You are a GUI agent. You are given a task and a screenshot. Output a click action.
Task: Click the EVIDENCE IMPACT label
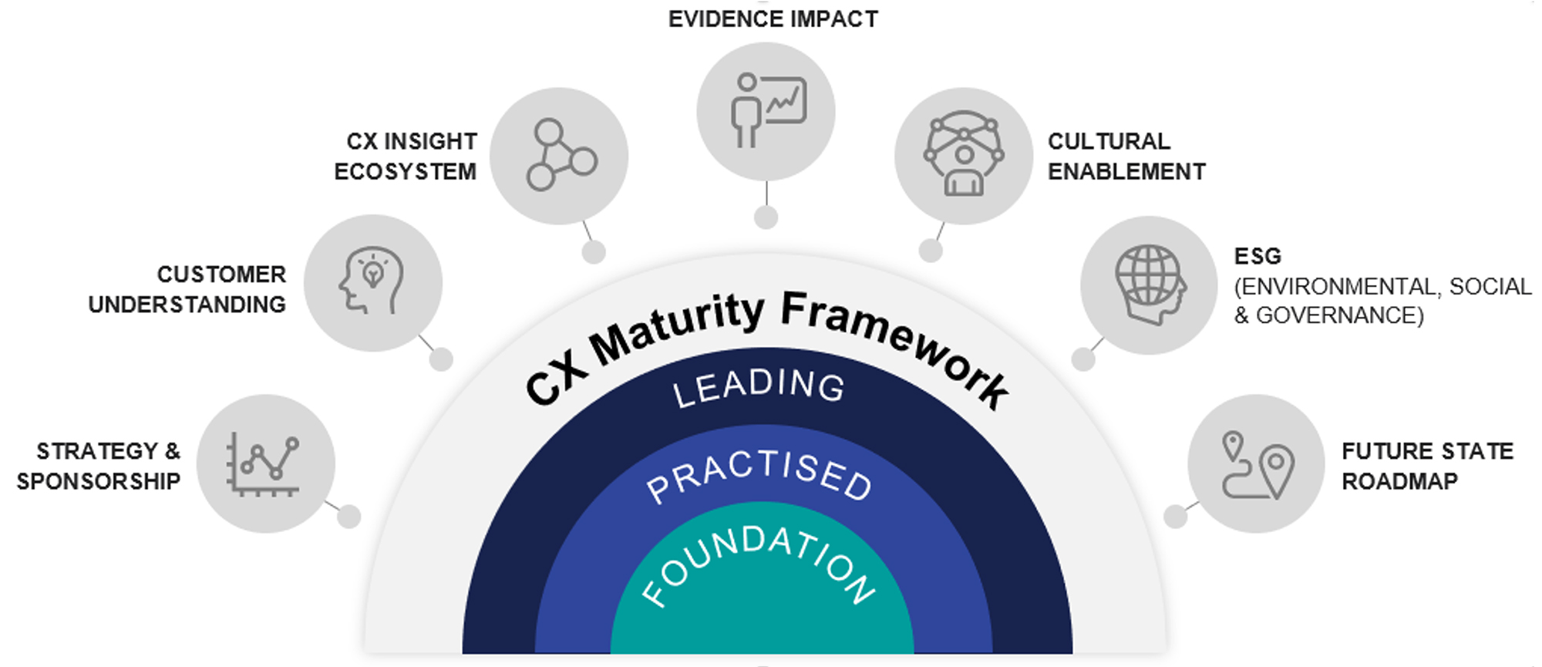pos(773,19)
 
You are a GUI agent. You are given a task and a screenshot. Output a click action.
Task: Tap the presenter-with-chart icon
pos(766,111)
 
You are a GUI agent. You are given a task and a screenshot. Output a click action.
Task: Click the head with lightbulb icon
pos(372,282)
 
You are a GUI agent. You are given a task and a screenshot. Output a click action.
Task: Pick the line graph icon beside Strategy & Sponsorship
pos(264,463)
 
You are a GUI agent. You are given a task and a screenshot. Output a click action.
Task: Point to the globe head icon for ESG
pos(1150,285)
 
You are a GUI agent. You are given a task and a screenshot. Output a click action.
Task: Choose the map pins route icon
pos(1257,463)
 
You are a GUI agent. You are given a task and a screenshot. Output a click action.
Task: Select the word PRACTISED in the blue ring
pos(759,473)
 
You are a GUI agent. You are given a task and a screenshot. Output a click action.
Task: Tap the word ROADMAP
pos(1399,481)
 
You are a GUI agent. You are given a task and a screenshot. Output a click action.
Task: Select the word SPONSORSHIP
pos(99,481)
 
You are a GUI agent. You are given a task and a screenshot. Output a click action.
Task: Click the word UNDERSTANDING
pos(187,305)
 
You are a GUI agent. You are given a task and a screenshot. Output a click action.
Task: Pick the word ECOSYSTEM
pos(405,171)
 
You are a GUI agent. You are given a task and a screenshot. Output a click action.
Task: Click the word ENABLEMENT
pos(1126,171)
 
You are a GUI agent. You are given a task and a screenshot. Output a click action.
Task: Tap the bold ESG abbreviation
pos(1258,256)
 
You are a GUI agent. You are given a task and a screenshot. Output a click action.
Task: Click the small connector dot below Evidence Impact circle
pos(766,217)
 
